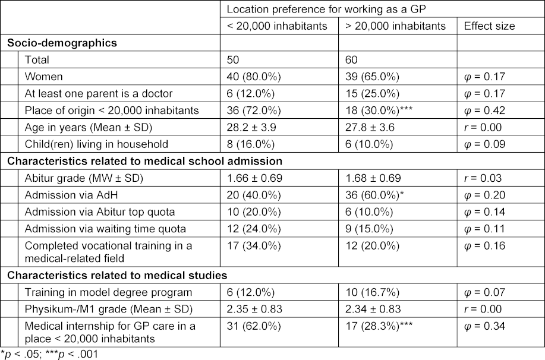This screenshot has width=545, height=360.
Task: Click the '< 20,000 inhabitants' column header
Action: [x=276, y=26]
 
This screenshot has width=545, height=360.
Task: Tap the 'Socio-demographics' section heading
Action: [x=53, y=43]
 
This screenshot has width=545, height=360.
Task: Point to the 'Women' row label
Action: [x=43, y=77]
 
